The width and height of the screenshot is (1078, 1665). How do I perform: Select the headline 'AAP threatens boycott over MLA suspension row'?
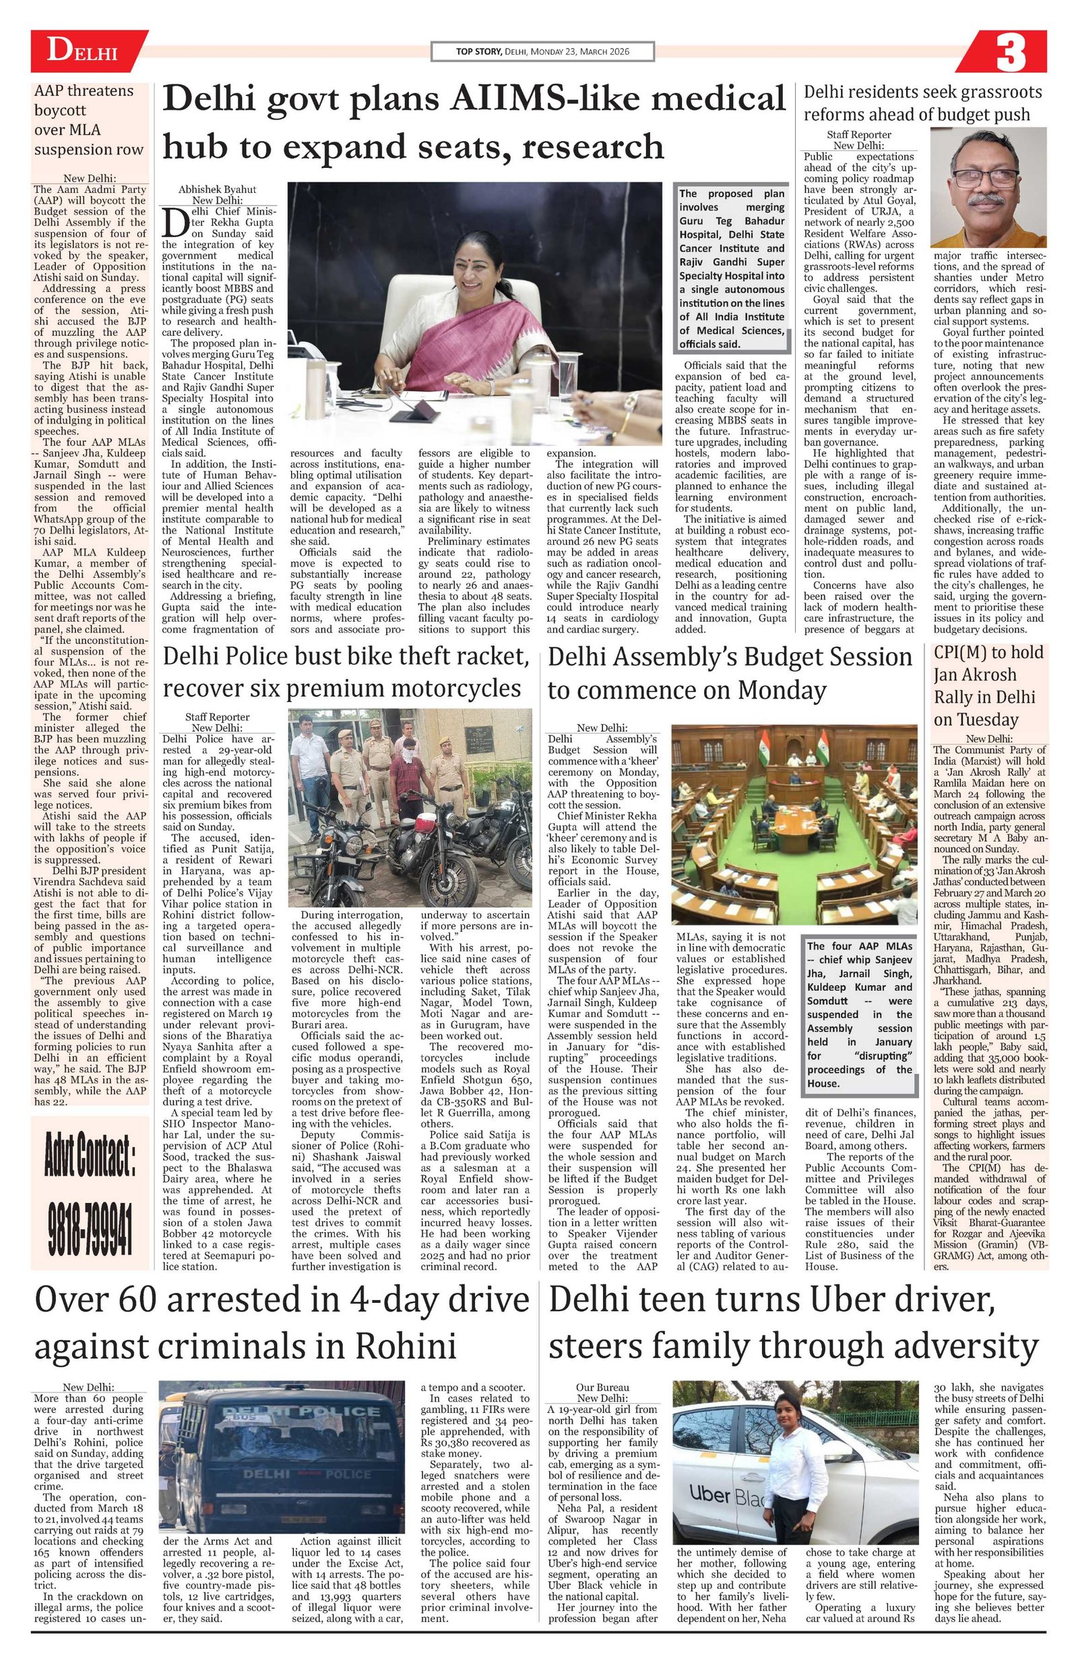coord(89,120)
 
